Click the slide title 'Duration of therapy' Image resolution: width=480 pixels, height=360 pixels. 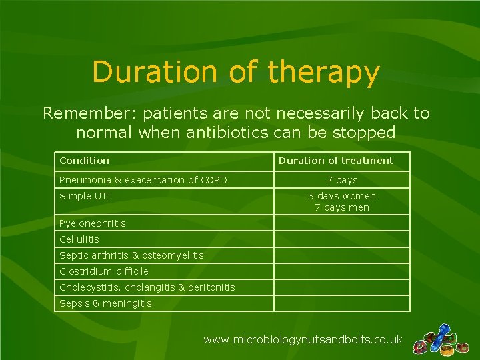tap(236, 73)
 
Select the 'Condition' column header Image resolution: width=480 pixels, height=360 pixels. tap(84, 161)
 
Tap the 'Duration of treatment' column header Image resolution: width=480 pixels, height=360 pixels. tap(335, 161)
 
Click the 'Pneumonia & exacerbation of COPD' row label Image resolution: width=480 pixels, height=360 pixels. tap(143, 180)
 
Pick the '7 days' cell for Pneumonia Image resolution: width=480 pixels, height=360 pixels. tap(342, 180)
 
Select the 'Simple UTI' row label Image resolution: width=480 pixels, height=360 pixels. tap(85, 196)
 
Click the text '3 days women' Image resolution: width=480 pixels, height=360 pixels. tap(342, 196)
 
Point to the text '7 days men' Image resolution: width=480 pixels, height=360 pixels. tap(342, 207)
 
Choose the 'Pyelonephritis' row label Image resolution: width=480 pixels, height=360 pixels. tap(92, 223)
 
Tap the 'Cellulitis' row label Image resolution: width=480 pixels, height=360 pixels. tap(79, 239)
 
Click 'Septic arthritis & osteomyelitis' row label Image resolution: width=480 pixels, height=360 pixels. tap(131, 255)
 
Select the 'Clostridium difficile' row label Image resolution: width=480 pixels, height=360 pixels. tap(103, 271)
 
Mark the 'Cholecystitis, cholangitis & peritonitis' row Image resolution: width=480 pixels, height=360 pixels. tap(147, 287)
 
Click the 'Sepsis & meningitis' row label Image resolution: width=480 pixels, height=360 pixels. tap(105, 303)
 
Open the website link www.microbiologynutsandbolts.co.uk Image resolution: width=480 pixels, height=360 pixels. tap(303, 340)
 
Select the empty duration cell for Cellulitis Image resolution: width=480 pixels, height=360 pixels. tap(342, 239)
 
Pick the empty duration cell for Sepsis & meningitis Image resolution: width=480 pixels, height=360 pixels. tap(342, 303)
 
